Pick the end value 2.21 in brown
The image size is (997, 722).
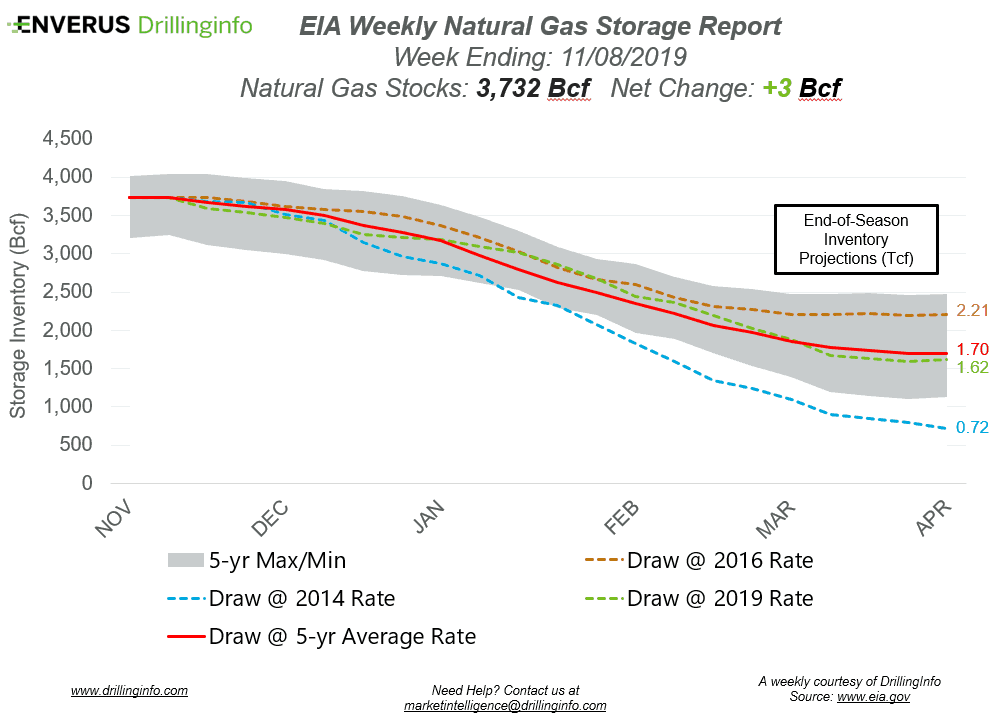click(x=972, y=311)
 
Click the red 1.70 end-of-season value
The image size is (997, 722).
click(x=972, y=351)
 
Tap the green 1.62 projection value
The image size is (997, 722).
click(x=972, y=368)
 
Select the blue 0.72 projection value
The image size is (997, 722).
click(x=972, y=427)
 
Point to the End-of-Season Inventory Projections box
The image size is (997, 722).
click(x=855, y=239)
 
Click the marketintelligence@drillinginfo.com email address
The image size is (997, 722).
click(x=505, y=705)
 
